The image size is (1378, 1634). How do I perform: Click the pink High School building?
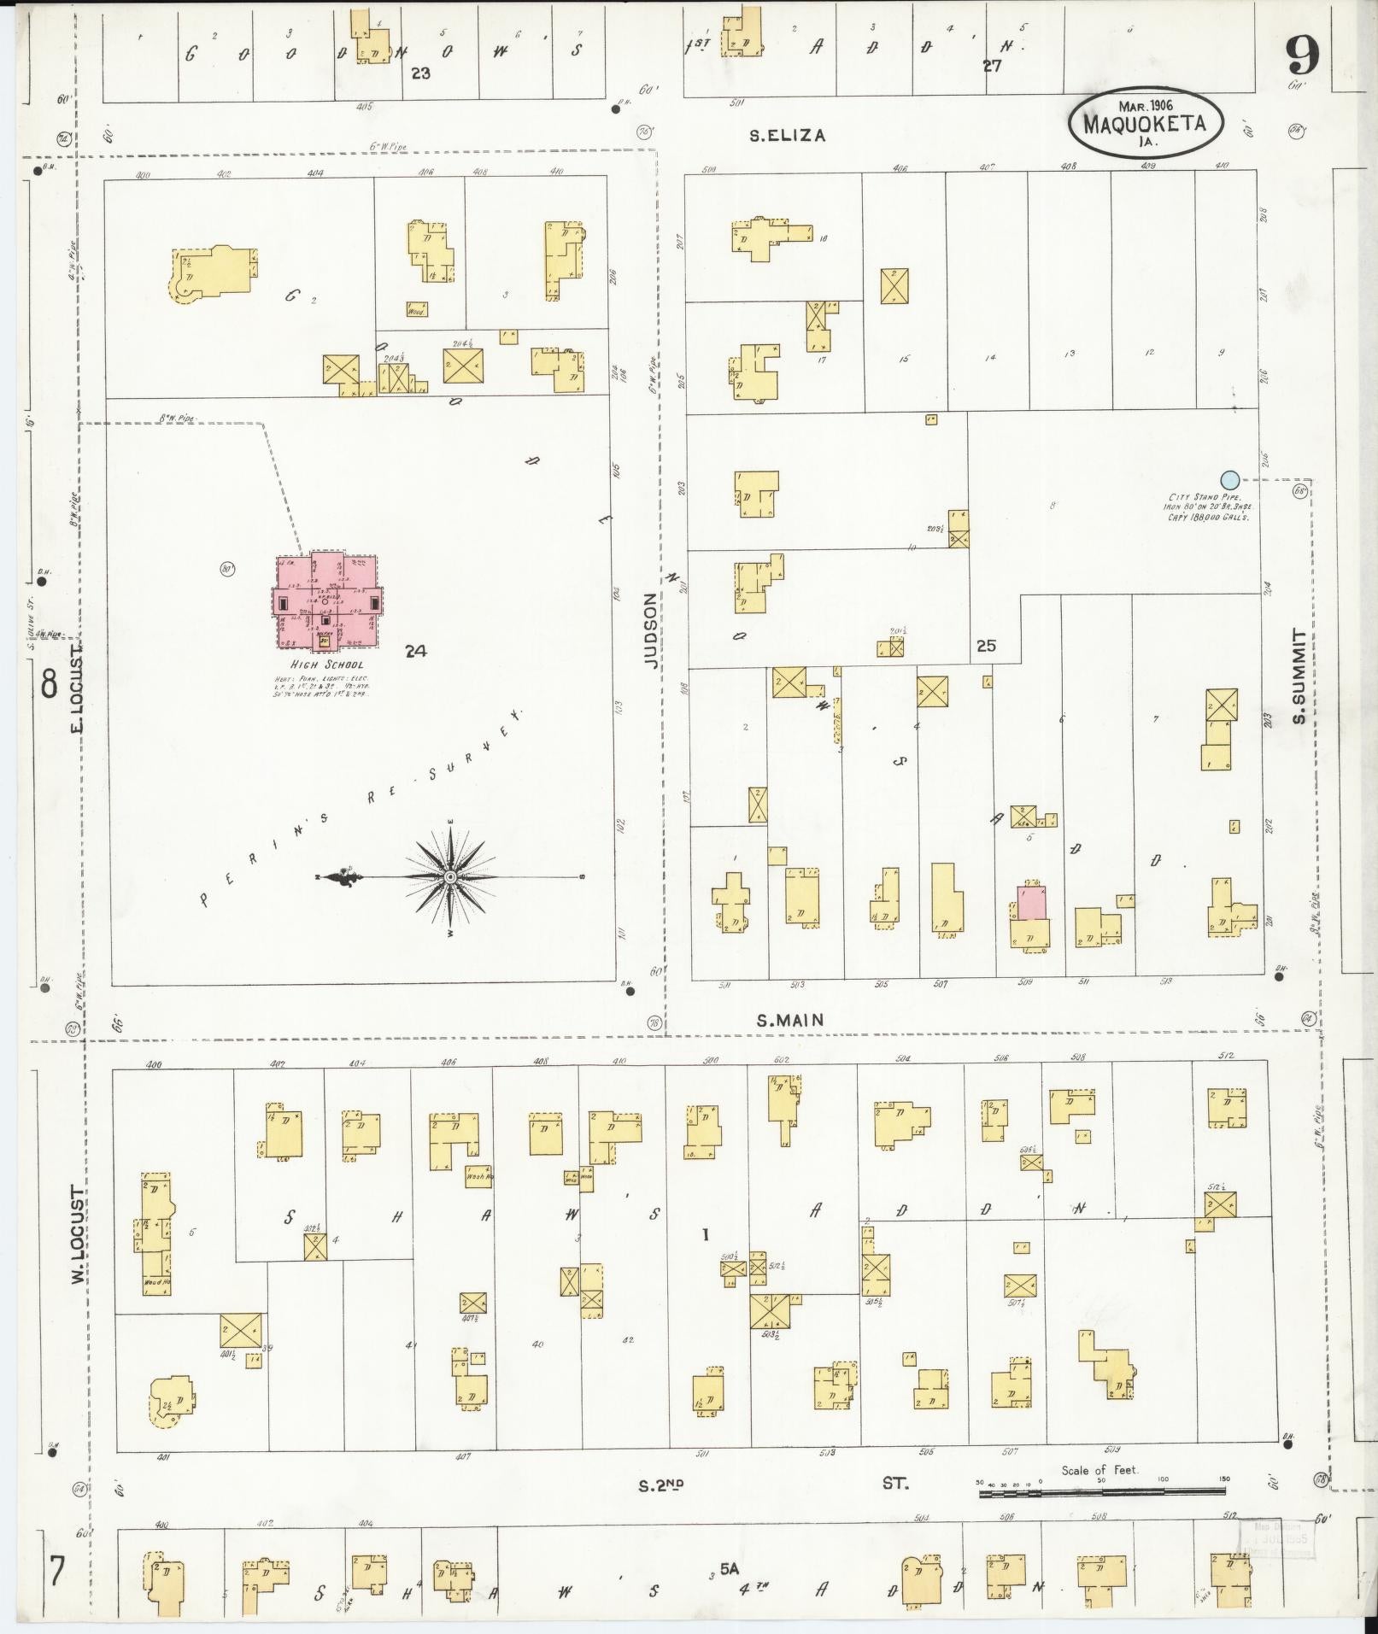click(327, 600)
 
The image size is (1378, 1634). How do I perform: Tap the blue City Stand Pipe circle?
click(1229, 479)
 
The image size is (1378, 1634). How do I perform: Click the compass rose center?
click(450, 877)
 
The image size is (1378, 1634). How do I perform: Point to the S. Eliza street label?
click(787, 135)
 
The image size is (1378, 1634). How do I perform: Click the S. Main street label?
click(790, 1020)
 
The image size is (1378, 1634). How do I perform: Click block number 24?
click(416, 651)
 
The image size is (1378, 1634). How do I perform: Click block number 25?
click(986, 646)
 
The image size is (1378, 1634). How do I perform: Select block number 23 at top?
click(419, 73)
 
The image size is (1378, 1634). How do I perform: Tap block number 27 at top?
click(991, 66)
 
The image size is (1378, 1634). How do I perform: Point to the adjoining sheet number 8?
click(49, 684)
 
